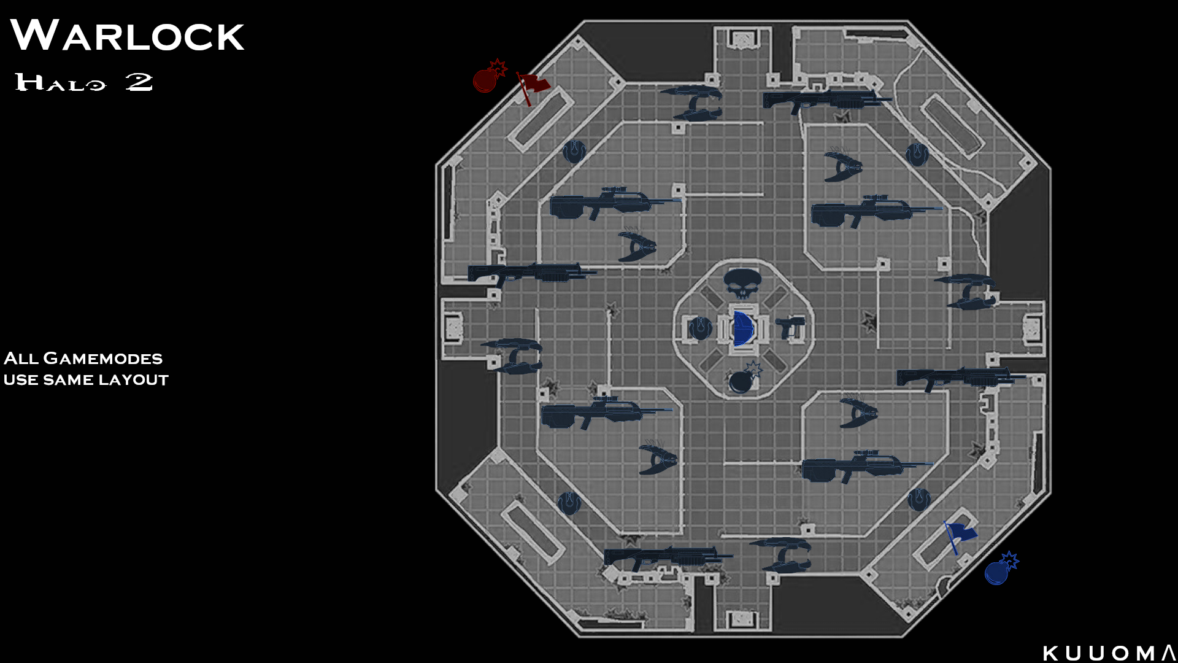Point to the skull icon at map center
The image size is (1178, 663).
742,283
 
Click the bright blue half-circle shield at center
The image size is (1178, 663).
743,328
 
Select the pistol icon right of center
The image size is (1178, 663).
790,327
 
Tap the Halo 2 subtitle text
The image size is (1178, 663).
84,82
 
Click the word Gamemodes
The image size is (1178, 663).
103,359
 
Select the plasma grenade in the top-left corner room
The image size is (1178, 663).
574,151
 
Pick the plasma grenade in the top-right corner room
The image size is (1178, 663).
917,154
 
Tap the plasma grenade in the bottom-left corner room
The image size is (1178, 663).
569,503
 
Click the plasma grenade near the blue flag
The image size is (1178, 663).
918,500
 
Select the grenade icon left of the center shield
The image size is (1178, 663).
699,328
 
